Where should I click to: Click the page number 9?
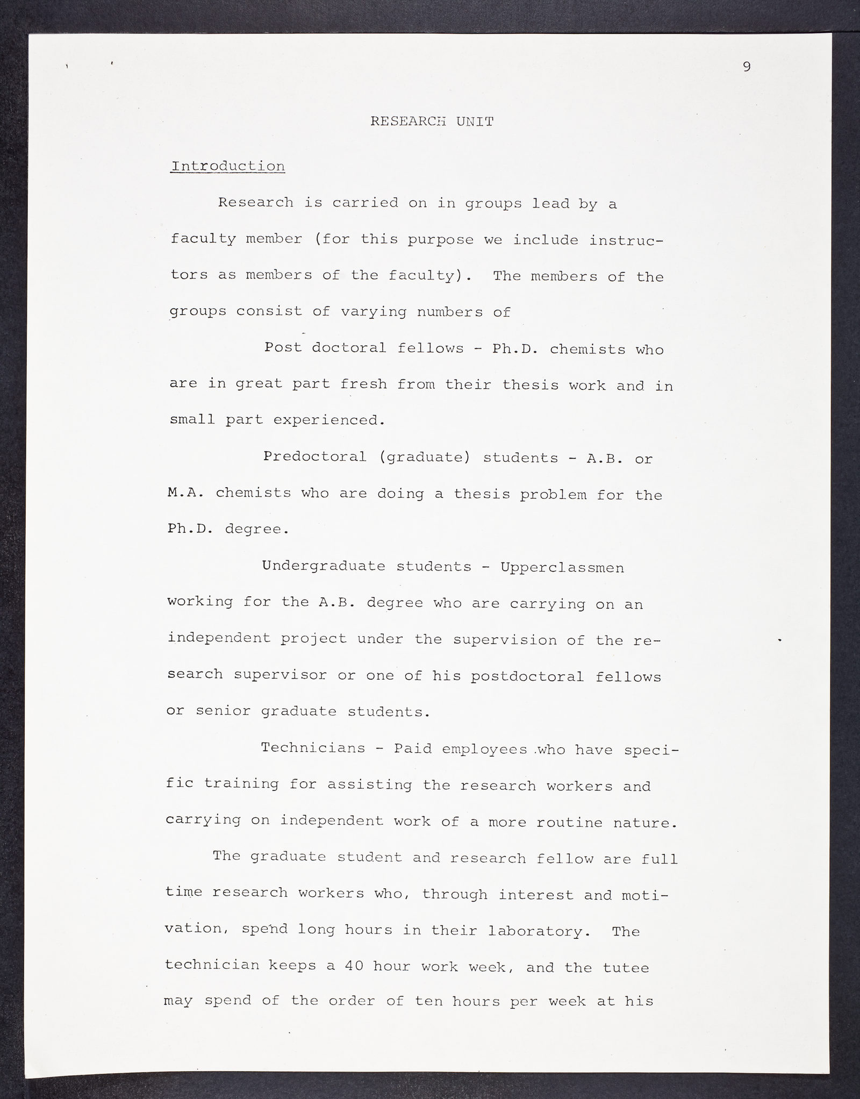747,67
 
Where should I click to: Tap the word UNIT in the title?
475,122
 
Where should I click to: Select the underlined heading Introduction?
227,166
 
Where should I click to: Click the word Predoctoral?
314,457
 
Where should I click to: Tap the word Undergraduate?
324,566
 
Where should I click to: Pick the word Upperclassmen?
562,568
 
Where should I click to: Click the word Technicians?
313,748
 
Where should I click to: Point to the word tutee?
625,967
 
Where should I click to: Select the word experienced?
329,420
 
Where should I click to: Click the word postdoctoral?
527,676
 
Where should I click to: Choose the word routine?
571,822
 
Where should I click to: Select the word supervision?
505,640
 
